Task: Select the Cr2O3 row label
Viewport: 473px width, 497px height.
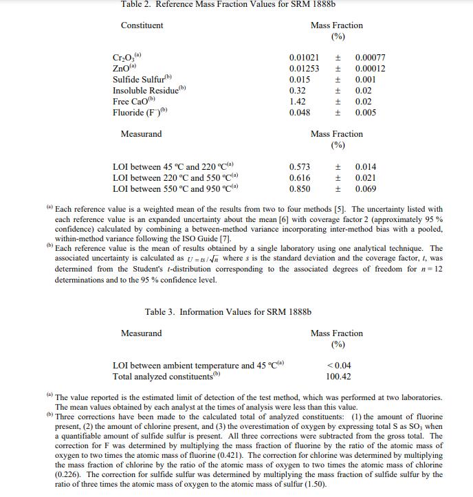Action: [x=126, y=58]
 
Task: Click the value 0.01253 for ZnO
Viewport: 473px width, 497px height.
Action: [x=304, y=69]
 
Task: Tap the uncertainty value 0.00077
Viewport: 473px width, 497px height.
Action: [x=370, y=58]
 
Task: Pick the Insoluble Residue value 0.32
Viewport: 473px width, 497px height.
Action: [x=298, y=91]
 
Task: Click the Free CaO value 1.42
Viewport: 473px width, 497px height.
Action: [x=298, y=102]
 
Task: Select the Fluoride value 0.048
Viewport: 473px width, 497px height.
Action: [x=300, y=113]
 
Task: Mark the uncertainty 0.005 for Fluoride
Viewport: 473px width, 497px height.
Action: [x=366, y=113]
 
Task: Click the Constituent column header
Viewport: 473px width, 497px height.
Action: [x=142, y=25]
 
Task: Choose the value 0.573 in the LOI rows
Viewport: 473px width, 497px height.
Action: [x=300, y=167]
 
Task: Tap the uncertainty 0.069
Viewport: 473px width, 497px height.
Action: [x=366, y=189]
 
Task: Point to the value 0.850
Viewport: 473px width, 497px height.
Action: [x=300, y=189]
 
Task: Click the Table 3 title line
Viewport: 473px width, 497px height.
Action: [x=228, y=312]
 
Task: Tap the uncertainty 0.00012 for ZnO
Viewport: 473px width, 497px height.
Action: [x=370, y=69]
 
